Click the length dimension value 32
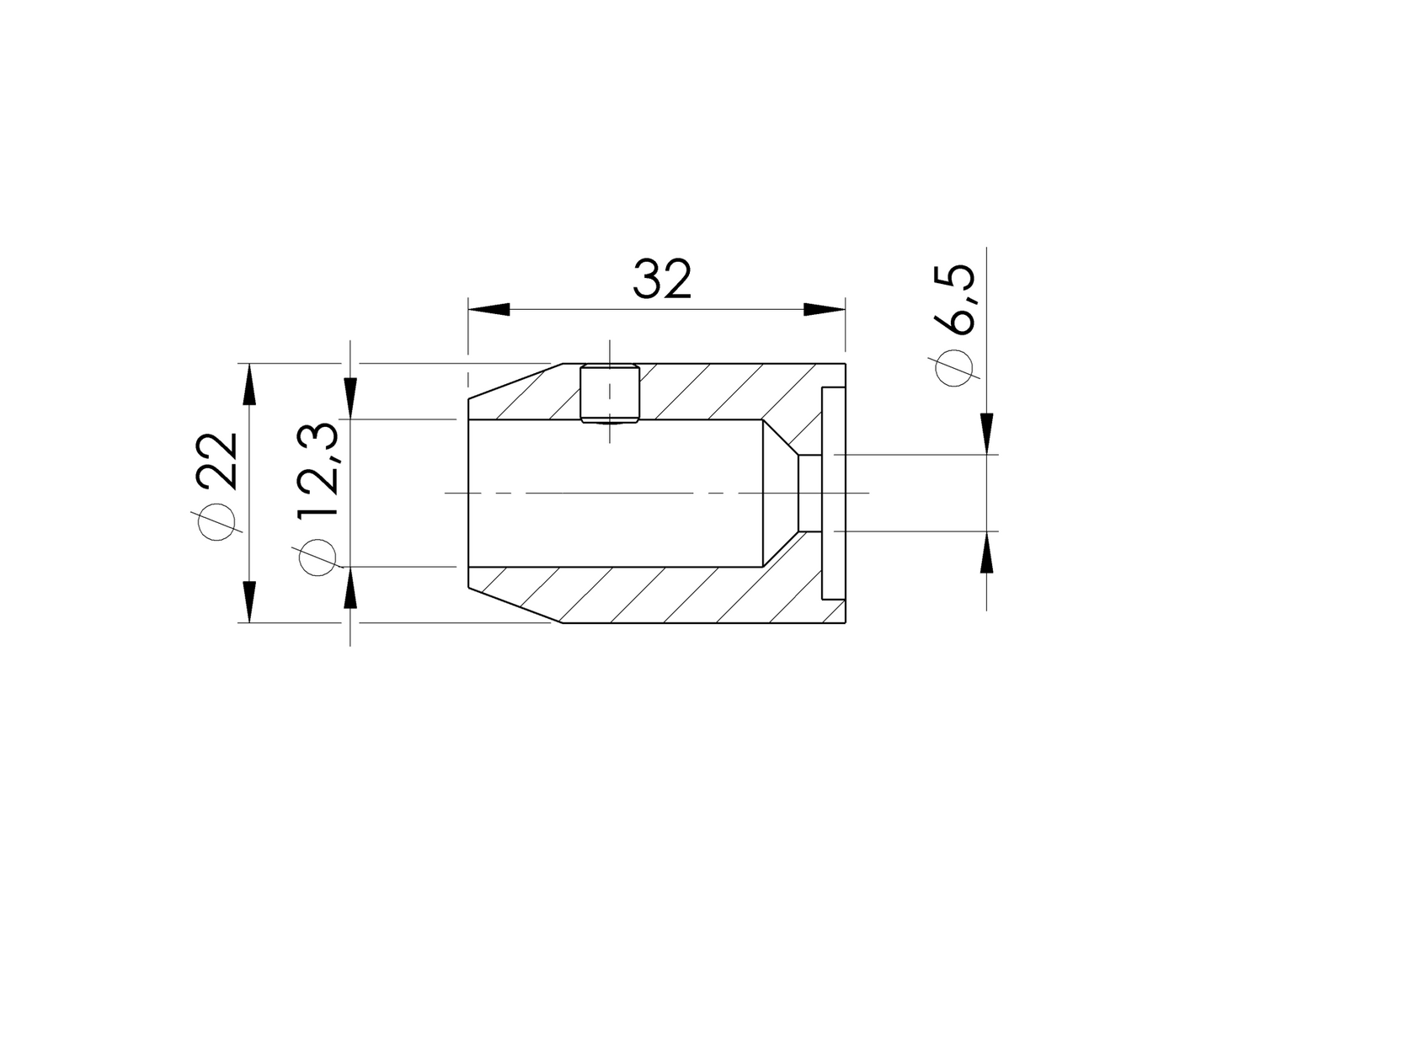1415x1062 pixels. tap(662, 280)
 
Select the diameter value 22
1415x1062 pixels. tap(217, 461)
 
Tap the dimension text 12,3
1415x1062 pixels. tap(318, 471)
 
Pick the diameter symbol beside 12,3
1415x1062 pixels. tap(318, 557)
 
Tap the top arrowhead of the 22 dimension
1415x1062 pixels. tap(249, 384)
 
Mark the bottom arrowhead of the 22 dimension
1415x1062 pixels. tap(249, 601)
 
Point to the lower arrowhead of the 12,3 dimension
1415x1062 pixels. tap(351, 589)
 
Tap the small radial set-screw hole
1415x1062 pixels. tap(610, 393)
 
